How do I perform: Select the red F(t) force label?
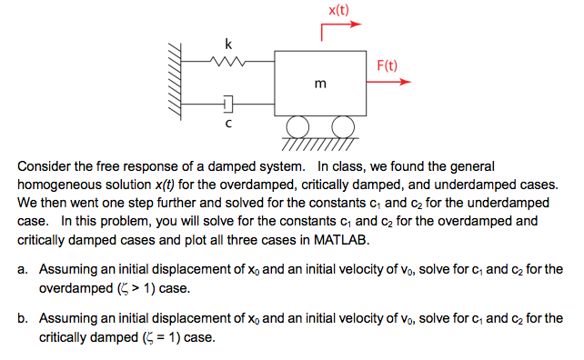tap(387, 65)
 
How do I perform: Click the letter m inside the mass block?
tap(319, 84)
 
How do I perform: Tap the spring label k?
tap(228, 42)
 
